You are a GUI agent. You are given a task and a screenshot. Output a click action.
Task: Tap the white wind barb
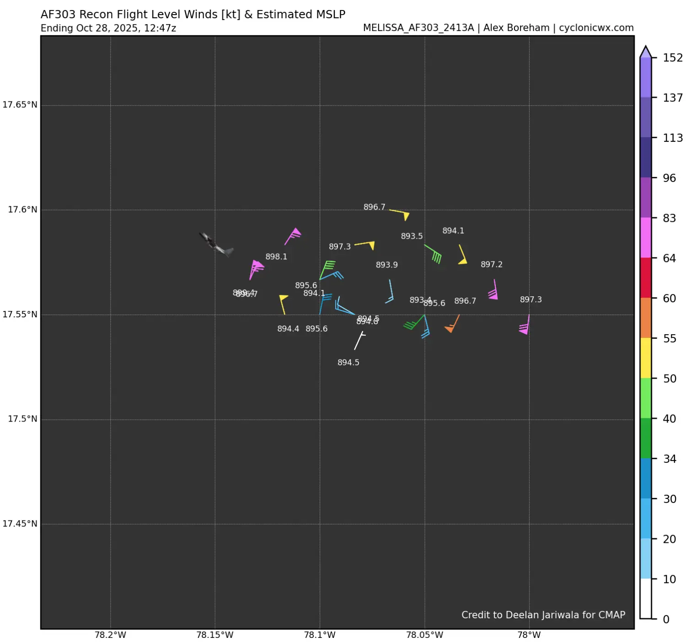[359, 341]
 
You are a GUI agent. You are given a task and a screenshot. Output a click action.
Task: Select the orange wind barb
[453, 324]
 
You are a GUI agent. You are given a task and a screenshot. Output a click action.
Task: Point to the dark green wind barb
[414, 322]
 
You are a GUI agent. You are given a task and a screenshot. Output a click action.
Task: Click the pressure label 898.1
[276, 257]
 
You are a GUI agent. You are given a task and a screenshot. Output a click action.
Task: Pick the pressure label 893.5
[412, 236]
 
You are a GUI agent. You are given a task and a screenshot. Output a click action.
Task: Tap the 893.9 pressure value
[386, 265]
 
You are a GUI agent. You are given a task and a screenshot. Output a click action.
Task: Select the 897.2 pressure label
[491, 265]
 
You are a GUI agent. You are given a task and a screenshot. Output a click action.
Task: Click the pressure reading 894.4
[288, 329]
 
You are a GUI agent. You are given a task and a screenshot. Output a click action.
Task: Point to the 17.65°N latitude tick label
[20, 105]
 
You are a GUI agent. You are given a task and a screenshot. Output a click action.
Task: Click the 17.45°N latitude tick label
[20, 524]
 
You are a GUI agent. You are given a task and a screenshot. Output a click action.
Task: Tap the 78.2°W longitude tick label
[110, 635]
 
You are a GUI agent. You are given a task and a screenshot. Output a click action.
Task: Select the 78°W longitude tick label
[529, 635]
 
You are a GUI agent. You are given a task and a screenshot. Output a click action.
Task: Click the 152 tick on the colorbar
[673, 58]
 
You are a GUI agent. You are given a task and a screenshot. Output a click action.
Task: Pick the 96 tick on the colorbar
[670, 178]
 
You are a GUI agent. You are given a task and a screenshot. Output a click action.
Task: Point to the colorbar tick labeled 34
[670, 459]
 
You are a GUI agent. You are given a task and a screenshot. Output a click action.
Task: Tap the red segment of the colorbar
[645, 278]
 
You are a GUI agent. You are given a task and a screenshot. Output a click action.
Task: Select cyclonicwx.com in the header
[596, 28]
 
